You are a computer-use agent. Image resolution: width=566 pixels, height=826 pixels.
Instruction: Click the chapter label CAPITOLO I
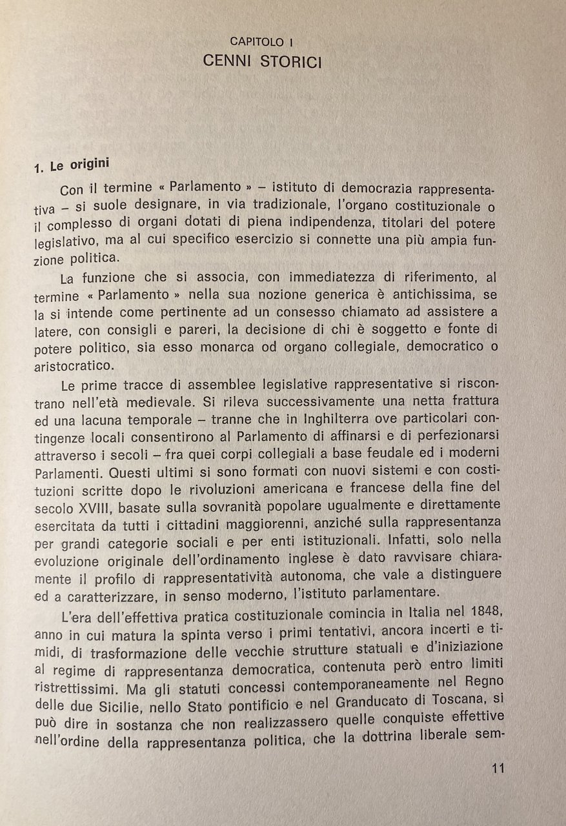[x=257, y=42]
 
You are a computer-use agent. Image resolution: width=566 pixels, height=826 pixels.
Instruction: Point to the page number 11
[x=497, y=768]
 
